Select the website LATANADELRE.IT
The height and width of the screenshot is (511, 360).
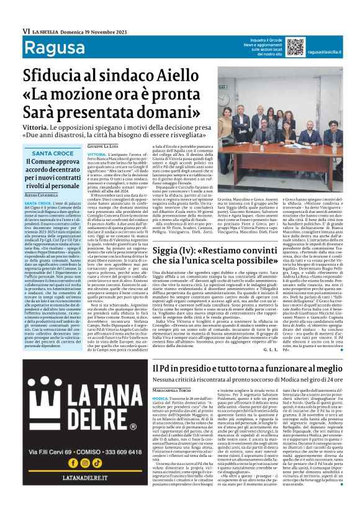pos(79,497)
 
